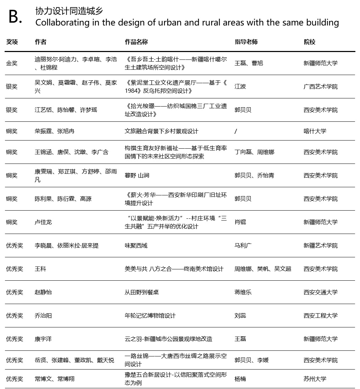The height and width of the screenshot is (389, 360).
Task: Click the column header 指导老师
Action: tap(246, 42)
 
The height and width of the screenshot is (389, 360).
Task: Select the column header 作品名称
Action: tap(136, 42)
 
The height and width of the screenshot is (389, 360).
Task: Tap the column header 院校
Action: tap(309, 42)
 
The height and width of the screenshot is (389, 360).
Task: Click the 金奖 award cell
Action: tap(12, 63)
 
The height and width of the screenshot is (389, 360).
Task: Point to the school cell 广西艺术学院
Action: tap(320, 86)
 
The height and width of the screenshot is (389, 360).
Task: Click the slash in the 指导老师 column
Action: tap(236, 131)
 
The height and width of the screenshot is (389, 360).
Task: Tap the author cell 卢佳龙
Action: tap(43, 222)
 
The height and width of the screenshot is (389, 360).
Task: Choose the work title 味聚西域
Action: tap(136, 245)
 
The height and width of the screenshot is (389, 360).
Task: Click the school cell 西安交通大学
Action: tap(320, 292)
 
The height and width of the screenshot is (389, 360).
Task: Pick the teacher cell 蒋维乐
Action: tap(243, 292)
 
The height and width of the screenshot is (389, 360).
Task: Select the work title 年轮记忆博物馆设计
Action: tap(150, 315)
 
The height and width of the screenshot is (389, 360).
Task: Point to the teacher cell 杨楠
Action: tap(240, 378)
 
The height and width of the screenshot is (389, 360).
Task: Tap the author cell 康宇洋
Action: tap(43, 339)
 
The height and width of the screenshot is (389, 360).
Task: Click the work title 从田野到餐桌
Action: tap(141, 292)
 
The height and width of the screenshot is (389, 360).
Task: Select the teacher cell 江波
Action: tap(240, 86)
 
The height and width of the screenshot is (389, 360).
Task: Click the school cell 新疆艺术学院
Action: tap(320, 245)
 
